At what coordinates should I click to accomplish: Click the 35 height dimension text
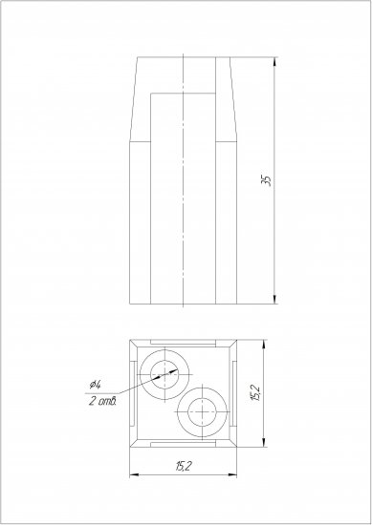[x=267, y=180]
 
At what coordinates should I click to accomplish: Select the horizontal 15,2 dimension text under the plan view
[x=184, y=466]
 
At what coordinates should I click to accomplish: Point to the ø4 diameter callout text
[x=95, y=385]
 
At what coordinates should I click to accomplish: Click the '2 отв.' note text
[x=102, y=401]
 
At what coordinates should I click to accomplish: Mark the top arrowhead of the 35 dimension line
[x=274, y=62]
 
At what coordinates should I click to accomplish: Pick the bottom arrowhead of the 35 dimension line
[x=274, y=300]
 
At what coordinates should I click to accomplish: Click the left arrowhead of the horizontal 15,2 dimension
[x=134, y=474]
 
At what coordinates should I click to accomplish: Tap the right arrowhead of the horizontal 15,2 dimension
[x=232, y=474]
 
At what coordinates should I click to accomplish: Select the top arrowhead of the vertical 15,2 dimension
[x=264, y=345]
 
